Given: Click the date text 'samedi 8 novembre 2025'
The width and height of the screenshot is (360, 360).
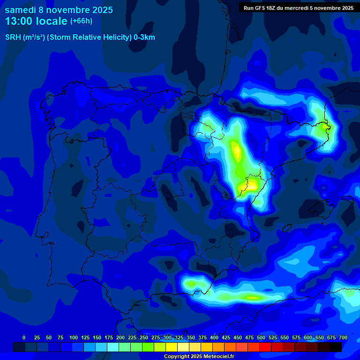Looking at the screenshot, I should pyautogui.click(x=59, y=10).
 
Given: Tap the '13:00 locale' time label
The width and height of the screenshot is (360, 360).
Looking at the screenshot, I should pyautogui.click(x=36, y=21).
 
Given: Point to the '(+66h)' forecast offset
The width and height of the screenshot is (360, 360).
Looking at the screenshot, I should pyautogui.click(x=81, y=21).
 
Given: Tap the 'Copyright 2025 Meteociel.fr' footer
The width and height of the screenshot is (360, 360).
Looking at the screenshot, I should pyautogui.click(x=199, y=357).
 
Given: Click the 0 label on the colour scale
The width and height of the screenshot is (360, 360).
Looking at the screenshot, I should pyautogui.click(x=24, y=337).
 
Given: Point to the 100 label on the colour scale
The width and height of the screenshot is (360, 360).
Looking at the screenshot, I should pyautogui.click(x=73, y=337).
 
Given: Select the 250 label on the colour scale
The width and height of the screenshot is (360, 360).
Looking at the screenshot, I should pyautogui.click(x=144, y=337).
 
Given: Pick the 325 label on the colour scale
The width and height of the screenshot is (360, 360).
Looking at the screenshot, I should pyautogui.click(x=179, y=337).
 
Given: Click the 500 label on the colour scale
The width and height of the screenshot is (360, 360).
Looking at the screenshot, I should pyautogui.click(x=261, y=337).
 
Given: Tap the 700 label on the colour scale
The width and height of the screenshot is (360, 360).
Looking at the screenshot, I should pyautogui.click(x=343, y=337).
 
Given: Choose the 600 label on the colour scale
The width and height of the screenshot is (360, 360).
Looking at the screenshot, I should pyautogui.click(x=308, y=337).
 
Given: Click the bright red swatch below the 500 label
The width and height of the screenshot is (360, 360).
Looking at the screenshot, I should pyautogui.click(x=265, y=347).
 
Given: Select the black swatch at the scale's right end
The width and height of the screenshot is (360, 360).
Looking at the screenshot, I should pyautogui.click(x=336, y=347).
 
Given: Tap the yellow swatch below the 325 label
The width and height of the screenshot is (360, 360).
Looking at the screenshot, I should pyautogui.click(x=183, y=347).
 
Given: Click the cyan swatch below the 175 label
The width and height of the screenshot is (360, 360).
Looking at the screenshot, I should pyautogui.click(x=113, y=347).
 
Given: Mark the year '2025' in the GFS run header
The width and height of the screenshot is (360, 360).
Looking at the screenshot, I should pyautogui.click(x=346, y=7).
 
